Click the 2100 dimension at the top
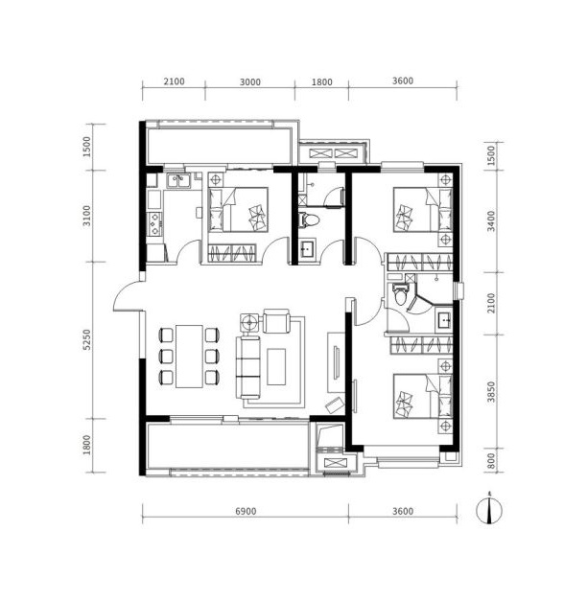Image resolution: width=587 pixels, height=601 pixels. tap(174, 81)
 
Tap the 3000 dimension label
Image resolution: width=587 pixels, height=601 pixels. tap(249, 82)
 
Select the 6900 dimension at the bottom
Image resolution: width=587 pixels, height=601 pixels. tap(246, 511)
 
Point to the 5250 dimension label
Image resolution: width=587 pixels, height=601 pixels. tap(87, 339)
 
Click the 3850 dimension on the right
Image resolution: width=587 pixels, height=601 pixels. tap(491, 392)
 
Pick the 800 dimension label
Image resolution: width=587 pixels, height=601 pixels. tap(491, 461)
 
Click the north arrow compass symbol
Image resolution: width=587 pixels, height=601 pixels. tap(489, 510)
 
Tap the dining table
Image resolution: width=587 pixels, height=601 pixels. tap(189, 357)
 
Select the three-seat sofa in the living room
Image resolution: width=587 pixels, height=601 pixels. tap(247, 367)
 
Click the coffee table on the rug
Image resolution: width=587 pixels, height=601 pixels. tap(276, 366)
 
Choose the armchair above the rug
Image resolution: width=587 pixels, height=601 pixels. tap(276, 321)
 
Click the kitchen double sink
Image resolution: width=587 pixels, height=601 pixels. tap(177, 180)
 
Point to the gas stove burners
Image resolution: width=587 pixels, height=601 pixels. tap(154, 223)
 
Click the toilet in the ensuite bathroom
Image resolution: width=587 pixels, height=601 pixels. tap(400, 294)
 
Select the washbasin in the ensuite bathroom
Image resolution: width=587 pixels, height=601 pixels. tap(444, 319)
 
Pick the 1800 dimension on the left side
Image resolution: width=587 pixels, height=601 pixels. tap(87, 445)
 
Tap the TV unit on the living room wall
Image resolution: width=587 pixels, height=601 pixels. tap(336, 362)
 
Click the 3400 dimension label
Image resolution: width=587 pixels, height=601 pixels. tap(491, 221)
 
